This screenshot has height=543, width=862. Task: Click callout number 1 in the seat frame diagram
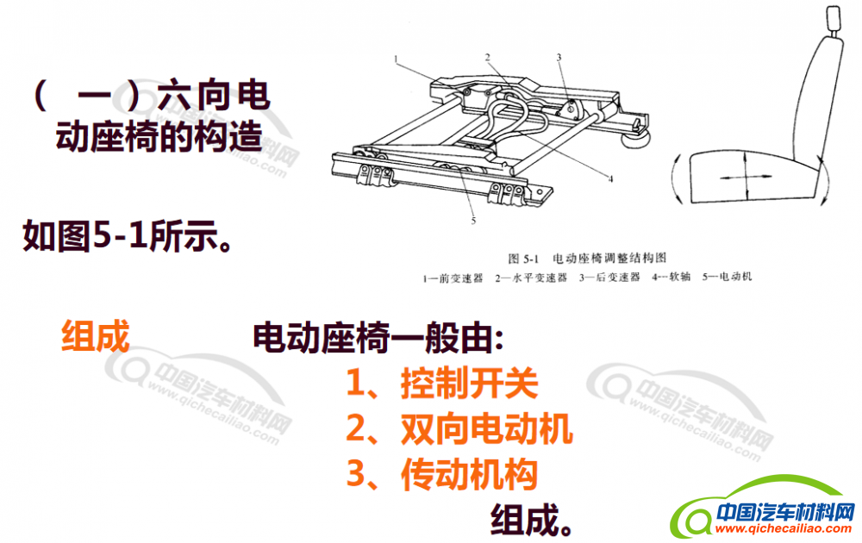396,59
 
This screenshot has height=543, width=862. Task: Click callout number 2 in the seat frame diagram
487,57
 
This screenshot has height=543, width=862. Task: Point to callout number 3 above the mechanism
559,57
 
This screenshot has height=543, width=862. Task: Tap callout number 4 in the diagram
610,178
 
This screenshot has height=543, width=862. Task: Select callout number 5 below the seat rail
473,221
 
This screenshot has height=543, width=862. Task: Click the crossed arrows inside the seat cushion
746,177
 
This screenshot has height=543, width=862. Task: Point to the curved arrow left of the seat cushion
677,179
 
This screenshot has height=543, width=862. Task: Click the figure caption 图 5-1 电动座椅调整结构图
587,258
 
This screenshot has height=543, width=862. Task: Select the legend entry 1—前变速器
453,278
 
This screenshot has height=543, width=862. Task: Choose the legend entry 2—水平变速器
530,278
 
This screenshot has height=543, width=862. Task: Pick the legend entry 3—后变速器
609,277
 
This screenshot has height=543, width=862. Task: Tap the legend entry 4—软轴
671,277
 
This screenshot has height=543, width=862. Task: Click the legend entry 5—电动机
726,277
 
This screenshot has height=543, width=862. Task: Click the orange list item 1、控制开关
442,383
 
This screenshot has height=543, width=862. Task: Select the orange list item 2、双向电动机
459,428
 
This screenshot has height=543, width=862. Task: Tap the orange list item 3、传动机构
442,474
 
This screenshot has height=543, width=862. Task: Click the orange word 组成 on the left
95,336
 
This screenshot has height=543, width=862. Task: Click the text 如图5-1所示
127,236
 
